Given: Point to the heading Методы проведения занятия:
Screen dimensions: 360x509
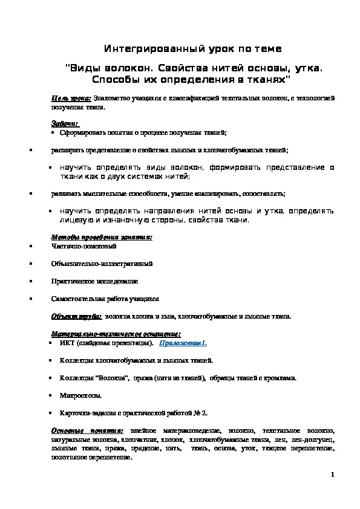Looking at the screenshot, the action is click(x=102, y=238).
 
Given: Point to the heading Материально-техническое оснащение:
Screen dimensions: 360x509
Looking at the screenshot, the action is click(x=116, y=334).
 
